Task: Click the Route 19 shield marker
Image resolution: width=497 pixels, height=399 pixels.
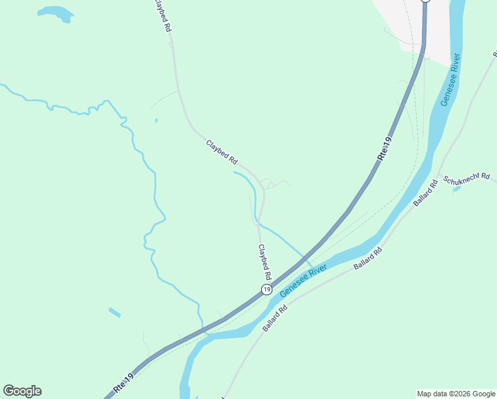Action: pyautogui.click(x=266, y=289)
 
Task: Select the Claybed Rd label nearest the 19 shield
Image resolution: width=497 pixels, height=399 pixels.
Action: pyautogui.click(x=265, y=261)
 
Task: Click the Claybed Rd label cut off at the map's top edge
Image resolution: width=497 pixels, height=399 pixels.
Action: pyautogui.click(x=163, y=16)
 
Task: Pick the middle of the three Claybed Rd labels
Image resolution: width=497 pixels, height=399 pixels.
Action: pyautogui.click(x=222, y=152)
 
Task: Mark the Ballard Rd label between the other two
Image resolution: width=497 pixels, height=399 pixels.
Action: pyautogui.click(x=369, y=258)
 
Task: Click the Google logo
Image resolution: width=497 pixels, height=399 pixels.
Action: pyautogui.click(x=22, y=391)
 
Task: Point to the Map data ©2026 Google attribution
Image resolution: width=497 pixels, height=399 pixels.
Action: pyautogui.click(x=456, y=394)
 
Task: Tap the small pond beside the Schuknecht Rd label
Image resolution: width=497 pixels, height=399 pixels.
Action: pyautogui.click(x=456, y=189)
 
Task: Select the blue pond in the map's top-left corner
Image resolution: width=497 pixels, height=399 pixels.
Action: pyautogui.click(x=56, y=13)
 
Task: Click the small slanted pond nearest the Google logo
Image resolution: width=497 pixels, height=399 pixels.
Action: pyautogui.click(x=115, y=312)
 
